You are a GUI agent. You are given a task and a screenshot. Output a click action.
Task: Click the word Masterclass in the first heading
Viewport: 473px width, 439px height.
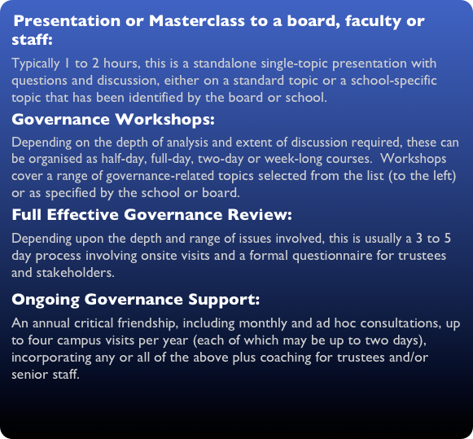(184, 21)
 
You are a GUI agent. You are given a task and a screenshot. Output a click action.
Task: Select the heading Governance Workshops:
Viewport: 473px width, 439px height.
(113, 121)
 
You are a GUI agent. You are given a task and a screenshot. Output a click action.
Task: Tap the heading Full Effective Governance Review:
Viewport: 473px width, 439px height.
(151, 215)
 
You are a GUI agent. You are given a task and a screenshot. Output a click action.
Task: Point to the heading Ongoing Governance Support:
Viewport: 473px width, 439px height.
(136, 299)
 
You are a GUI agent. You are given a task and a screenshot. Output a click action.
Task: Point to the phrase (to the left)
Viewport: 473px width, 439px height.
(418, 176)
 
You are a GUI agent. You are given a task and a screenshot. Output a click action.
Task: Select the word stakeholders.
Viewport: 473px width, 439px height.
(74, 274)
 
